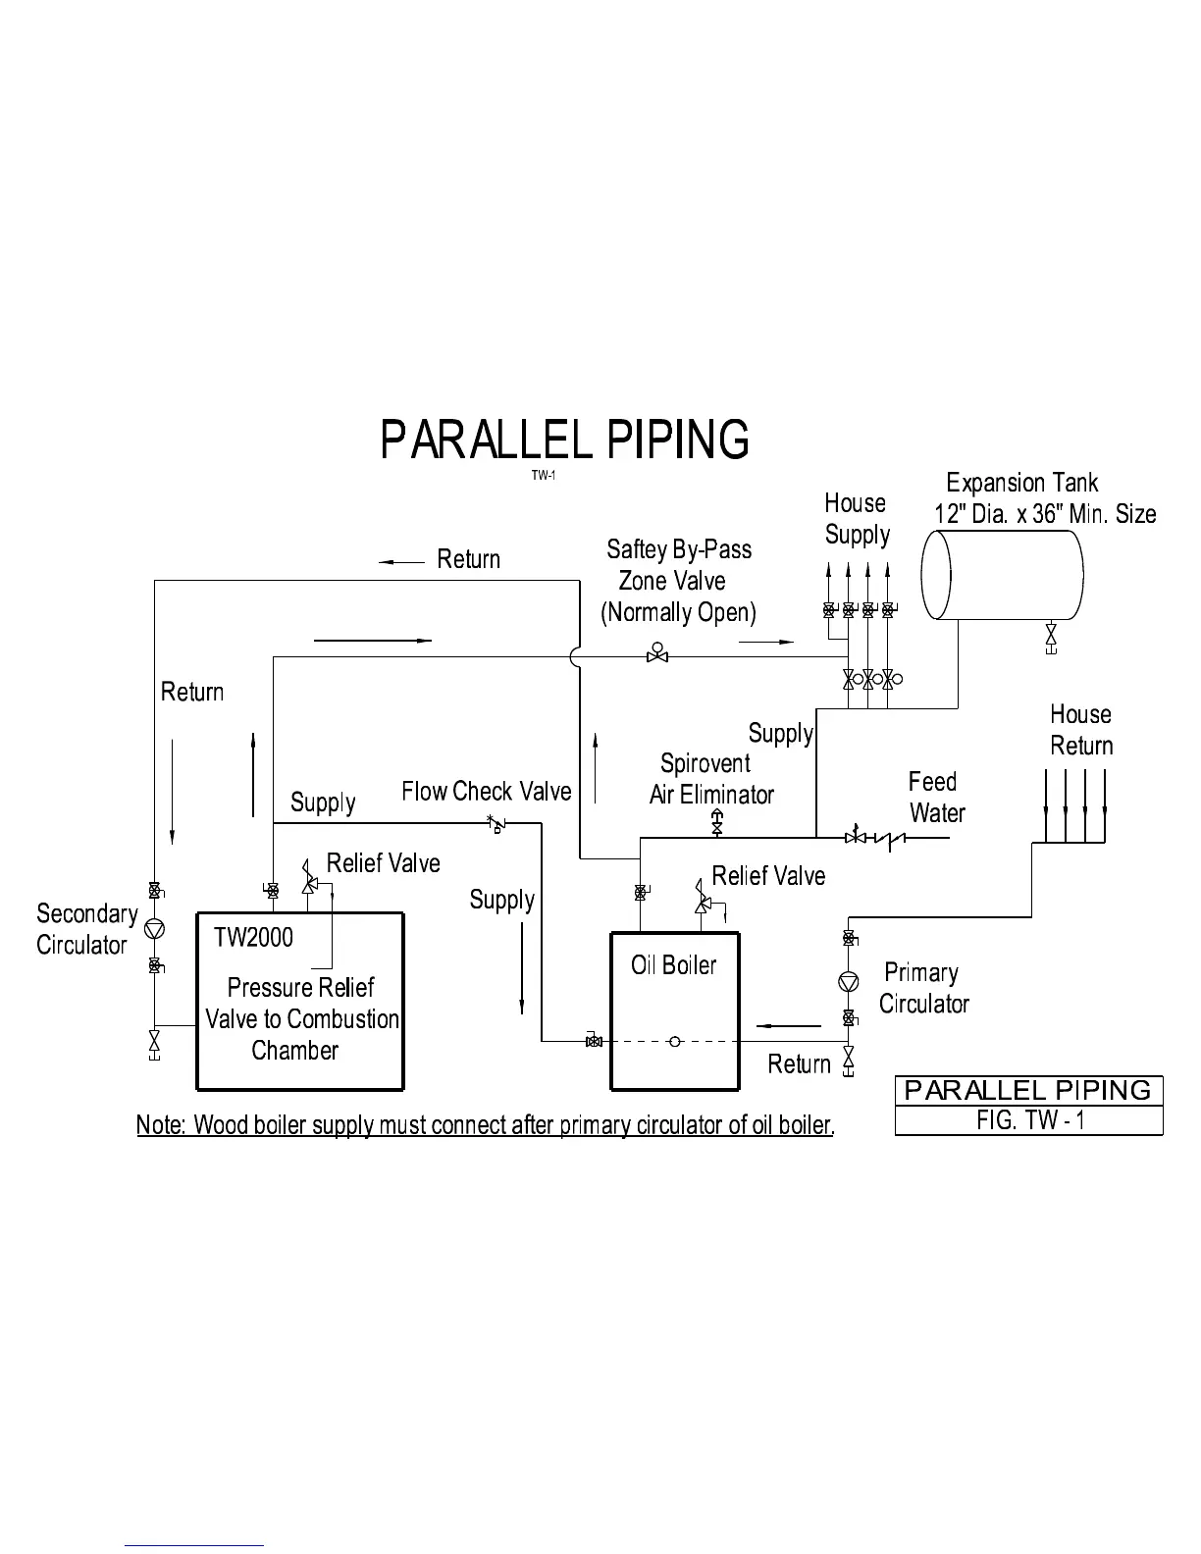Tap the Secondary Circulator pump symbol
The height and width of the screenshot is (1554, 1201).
pos(154,928)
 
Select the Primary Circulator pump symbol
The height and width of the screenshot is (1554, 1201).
pos(848,980)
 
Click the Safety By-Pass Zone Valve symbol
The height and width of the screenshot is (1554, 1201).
pos(657,652)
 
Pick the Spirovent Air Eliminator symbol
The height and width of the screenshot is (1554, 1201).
pos(716,822)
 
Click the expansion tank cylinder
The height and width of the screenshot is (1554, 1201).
pos(1002,575)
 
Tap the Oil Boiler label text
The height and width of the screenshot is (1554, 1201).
pos(673,965)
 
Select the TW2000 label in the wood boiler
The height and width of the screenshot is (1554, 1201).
pos(253,938)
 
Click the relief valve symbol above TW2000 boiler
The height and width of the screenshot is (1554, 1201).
pos(309,875)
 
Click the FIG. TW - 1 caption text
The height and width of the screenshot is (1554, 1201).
pos(1030,1120)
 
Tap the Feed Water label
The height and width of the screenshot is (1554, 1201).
pos(935,798)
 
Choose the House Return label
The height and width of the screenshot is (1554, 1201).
pos(1081,730)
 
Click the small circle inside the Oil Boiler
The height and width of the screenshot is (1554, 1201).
pos(675,1041)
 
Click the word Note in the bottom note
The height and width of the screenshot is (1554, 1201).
pos(160,1124)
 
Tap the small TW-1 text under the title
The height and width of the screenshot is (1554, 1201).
pos(544,476)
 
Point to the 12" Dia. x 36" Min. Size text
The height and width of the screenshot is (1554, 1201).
pos(1045,514)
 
